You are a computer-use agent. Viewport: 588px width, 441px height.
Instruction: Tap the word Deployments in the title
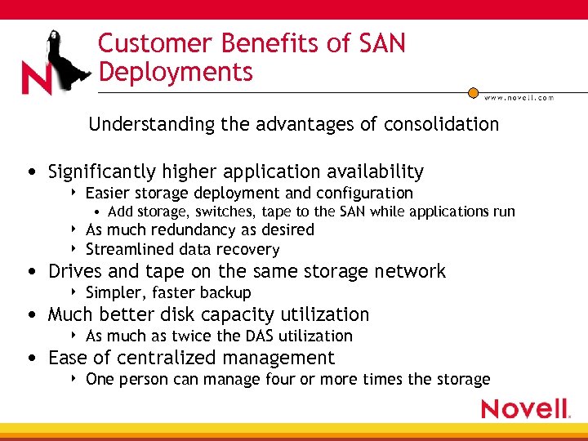[176, 72]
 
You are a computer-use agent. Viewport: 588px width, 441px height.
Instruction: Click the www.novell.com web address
[519, 97]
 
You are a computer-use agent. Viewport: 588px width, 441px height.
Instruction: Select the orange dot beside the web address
[473, 93]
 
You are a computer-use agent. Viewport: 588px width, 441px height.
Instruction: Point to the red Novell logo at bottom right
[525, 408]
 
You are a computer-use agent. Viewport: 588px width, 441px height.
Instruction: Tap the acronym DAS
[253, 336]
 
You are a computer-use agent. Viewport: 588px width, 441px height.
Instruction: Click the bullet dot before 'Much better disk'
[30, 315]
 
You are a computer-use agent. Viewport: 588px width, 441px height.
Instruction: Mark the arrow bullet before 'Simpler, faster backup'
[74, 292]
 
